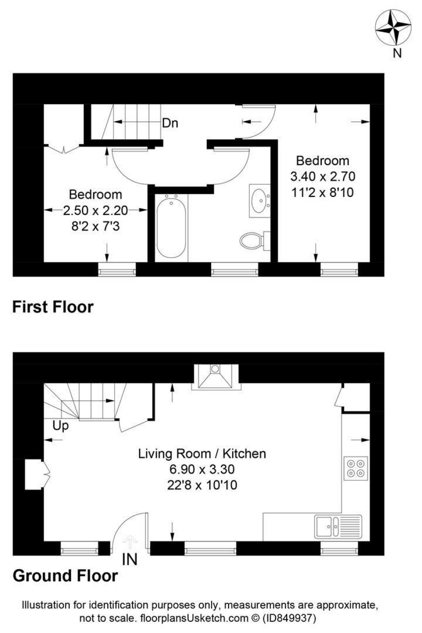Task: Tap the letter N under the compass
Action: (397, 53)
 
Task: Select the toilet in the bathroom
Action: (252, 241)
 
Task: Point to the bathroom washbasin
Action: (260, 201)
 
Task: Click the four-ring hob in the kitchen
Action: (356, 469)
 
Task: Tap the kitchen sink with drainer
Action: (338, 527)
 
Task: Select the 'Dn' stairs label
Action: (170, 123)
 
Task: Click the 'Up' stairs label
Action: (61, 426)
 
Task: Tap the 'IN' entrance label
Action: (130, 559)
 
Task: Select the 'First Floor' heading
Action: (53, 307)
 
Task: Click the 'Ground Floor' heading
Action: (65, 576)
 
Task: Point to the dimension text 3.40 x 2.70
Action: (323, 176)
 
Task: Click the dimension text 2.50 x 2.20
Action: (95, 211)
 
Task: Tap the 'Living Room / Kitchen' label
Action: (202, 454)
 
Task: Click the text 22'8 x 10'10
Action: (202, 485)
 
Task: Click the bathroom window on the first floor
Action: (234, 271)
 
